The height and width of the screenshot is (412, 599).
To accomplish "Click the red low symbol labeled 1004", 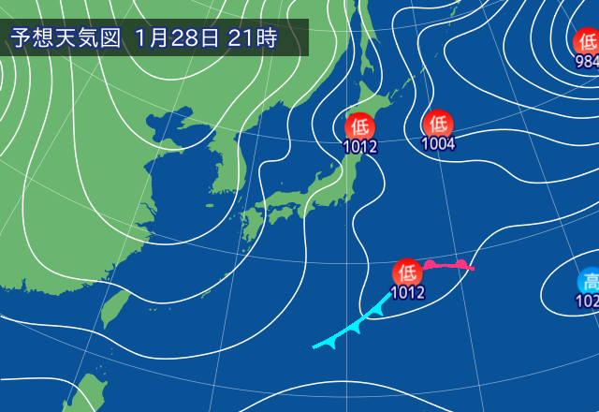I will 438,124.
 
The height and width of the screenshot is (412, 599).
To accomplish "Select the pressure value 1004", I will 438,144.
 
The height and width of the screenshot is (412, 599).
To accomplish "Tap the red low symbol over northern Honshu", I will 360,125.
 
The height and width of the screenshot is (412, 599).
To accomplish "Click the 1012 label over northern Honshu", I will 360,146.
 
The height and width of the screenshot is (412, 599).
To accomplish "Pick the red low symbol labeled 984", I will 587,42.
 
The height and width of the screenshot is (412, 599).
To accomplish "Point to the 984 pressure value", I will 588,62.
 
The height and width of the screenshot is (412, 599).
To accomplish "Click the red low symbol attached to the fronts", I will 407,272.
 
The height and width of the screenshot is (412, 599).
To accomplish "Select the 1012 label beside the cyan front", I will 408,292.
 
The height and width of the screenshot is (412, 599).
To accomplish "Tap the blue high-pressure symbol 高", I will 590,281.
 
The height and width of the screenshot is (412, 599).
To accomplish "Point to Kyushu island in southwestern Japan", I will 250,225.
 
